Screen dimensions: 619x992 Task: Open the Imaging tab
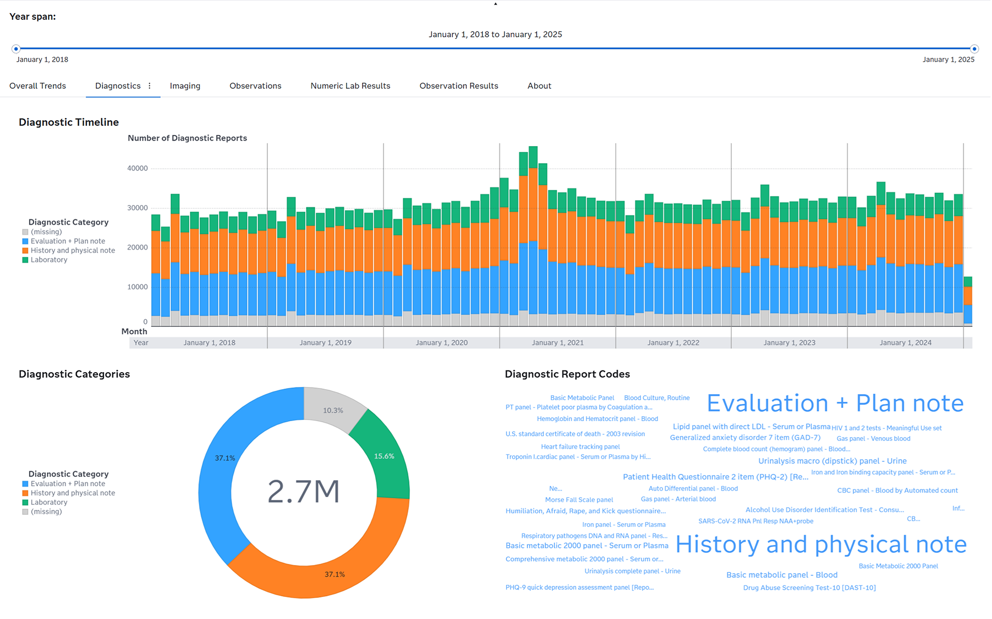(185, 86)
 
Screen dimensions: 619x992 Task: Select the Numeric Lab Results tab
(350, 86)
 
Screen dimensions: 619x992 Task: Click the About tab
(539, 86)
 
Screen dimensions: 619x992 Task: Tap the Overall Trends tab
(37, 86)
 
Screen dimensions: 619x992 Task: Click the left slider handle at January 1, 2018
(16, 49)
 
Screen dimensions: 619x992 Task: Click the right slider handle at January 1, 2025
(974, 49)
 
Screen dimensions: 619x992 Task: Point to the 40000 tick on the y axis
(137, 169)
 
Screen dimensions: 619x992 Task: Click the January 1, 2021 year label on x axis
(557, 343)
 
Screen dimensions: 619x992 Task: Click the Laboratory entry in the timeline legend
(48, 260)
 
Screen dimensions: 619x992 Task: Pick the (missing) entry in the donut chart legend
(46, 512)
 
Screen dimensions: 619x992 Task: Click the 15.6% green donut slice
(384, 456)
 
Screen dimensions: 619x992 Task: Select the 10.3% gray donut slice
(333, 410)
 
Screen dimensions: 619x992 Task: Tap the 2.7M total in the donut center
(304, 492)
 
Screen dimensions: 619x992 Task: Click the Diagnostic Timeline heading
(68, 122)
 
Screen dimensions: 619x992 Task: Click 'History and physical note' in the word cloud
(821, 545)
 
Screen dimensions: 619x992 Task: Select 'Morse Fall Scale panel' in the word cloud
(579, 500)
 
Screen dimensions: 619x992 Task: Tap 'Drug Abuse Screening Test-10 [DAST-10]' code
(809, 588)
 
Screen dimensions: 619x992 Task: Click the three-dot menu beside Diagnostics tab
(149, 86)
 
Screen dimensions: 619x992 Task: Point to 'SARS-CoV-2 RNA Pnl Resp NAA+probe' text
(756, 521)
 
